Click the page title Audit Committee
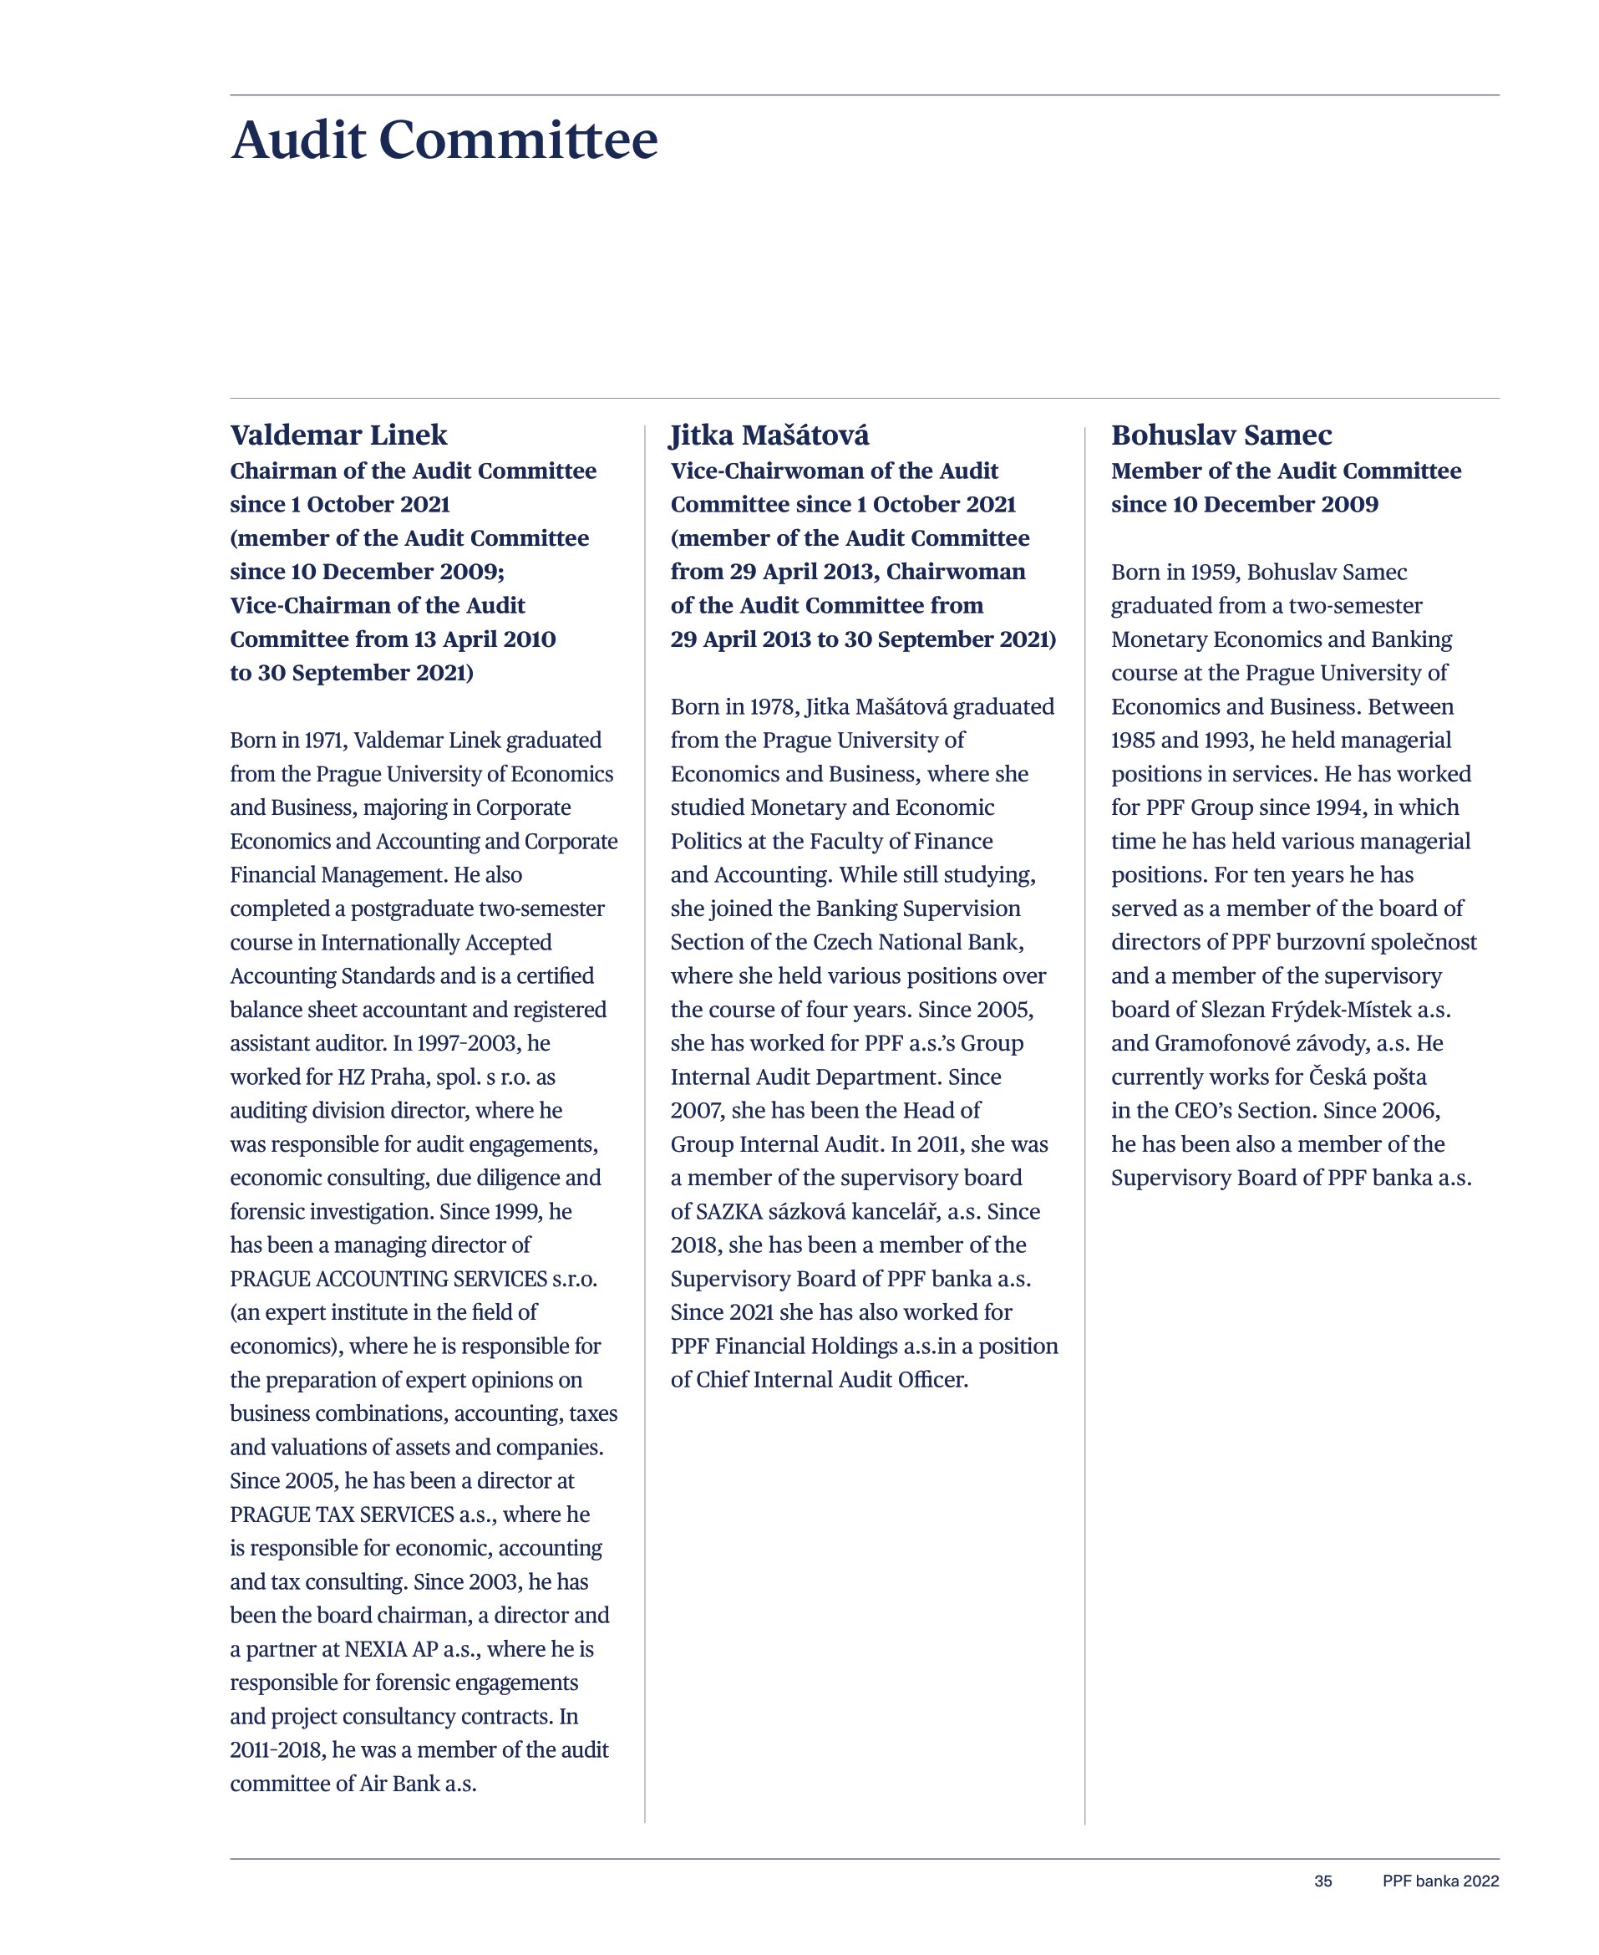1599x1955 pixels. coord(444,140)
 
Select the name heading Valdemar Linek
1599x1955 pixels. coord(338,435)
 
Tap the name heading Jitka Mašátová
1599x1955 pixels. coord(769,435)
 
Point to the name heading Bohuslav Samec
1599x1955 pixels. coord(1221,435)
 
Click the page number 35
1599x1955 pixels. coord(1322,1881)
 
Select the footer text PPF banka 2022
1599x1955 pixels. coord(1439,1881)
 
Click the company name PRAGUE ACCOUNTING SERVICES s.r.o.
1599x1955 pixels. coord(414,1279)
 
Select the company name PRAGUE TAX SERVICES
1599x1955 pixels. coord(342,1515)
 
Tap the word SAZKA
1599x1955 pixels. coord(728,1211)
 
